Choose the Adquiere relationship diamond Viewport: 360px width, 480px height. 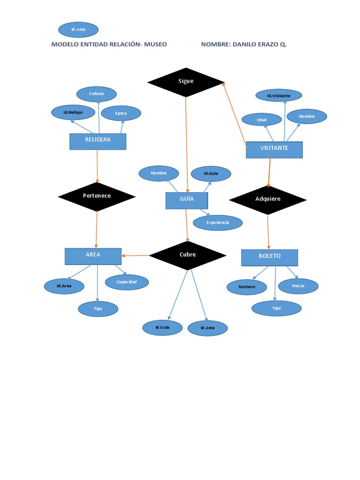click(x=268, y=200)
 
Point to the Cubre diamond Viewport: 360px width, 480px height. click(x=187, y=255)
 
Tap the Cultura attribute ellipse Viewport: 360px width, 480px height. click(x=96, y=94)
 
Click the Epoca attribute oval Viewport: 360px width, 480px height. click(x=121, y=113)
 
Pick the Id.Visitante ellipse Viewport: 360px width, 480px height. click(x=278, y=96)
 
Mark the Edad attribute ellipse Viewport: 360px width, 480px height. click(x=262, y=120)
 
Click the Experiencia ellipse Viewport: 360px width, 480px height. click(x=217, y=223)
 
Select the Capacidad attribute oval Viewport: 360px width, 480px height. click(x=127, y=282)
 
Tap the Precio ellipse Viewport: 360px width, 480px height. click(x=298, y=286)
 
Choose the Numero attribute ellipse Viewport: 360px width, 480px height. click(x=247, y=287)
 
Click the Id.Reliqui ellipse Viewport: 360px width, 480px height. click(x=73, y=112)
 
